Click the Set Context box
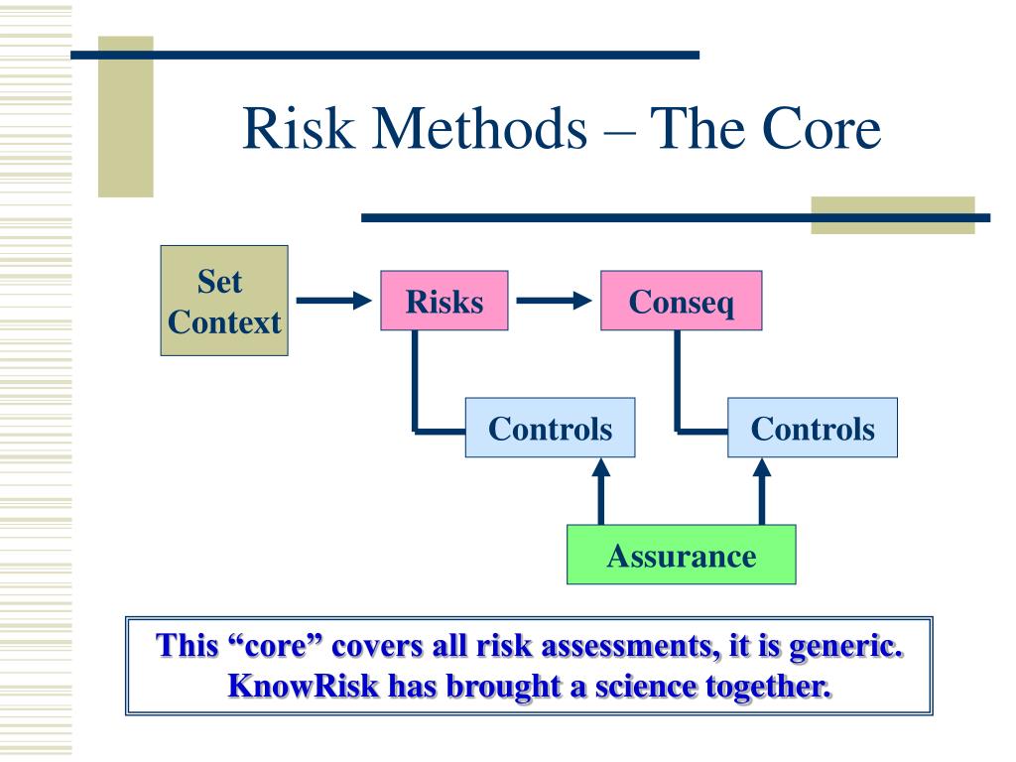(224, 301)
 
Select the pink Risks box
(444, 302)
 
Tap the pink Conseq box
(682, 302)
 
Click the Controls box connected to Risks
(550, 429)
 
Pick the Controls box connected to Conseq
(812, 429)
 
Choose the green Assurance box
(681, 555)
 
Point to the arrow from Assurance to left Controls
(600, 491)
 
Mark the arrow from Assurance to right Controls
(762, 491)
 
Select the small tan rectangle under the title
(892, 215)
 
